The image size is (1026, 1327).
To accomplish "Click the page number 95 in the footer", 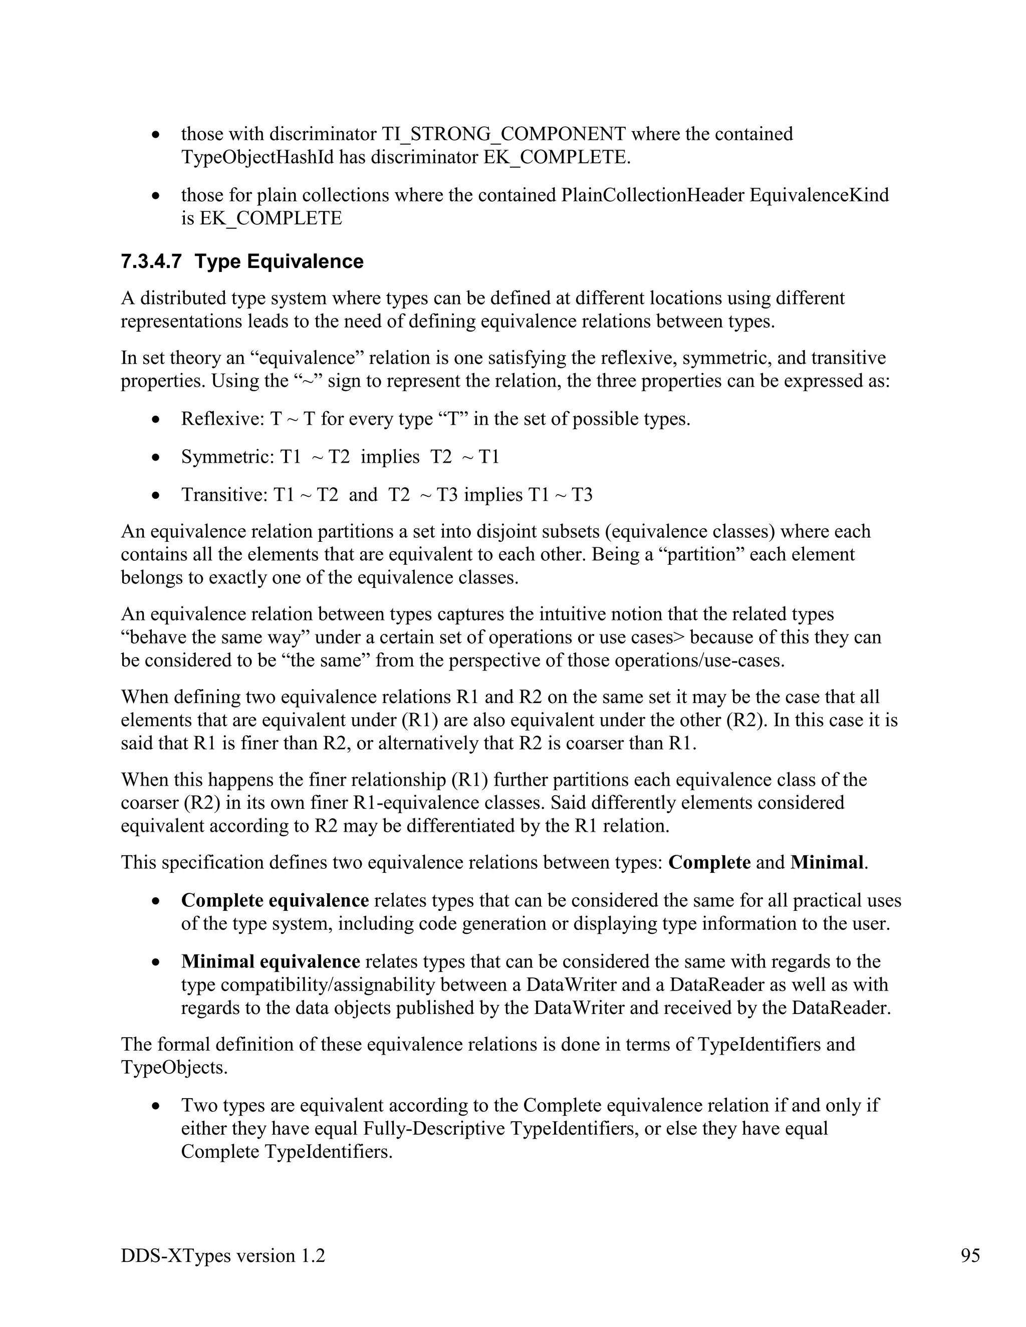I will (x=970, y=1255).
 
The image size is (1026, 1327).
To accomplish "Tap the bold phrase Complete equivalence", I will (x=275, y=900).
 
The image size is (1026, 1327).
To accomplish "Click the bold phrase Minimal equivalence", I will (x=271, y=962).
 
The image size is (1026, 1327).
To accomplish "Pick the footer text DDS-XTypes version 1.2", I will (x=222, y=1255).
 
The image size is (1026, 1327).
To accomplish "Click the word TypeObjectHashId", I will (x=257, y=157).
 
